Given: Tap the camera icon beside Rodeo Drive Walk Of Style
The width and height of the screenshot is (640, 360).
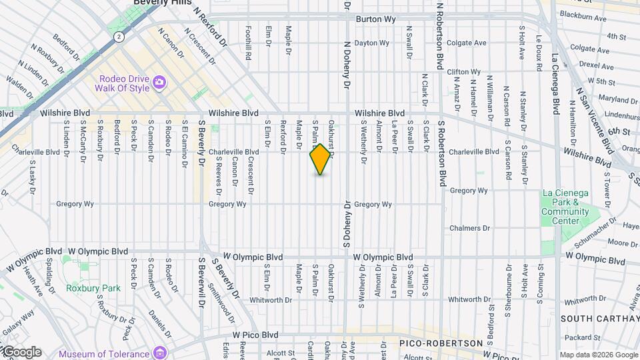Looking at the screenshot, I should [x=159, y=82].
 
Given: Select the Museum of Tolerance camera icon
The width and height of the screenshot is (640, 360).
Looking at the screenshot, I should [x=160, y=352].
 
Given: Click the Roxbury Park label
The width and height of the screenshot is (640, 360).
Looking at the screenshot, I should [x=84, y=288].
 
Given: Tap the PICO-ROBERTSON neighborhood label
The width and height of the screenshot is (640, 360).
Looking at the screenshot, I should [x=441, y=343].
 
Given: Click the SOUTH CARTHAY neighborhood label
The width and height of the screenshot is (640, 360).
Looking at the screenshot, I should [x=599, y=319].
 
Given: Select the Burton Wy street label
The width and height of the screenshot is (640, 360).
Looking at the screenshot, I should [x=376, y=19].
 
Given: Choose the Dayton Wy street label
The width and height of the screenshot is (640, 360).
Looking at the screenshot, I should [x=371, y=43].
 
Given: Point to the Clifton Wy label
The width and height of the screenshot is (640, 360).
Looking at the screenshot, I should [x=463, y=71].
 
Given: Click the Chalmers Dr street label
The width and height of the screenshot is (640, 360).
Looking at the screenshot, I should [x=469, y=228].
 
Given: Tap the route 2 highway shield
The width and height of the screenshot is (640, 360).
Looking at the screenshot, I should [x=119, y=37].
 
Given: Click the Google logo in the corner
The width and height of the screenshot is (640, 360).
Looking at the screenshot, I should [x=21, y=352].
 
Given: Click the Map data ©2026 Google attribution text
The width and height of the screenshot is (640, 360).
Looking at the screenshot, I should [x=599, y=355].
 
